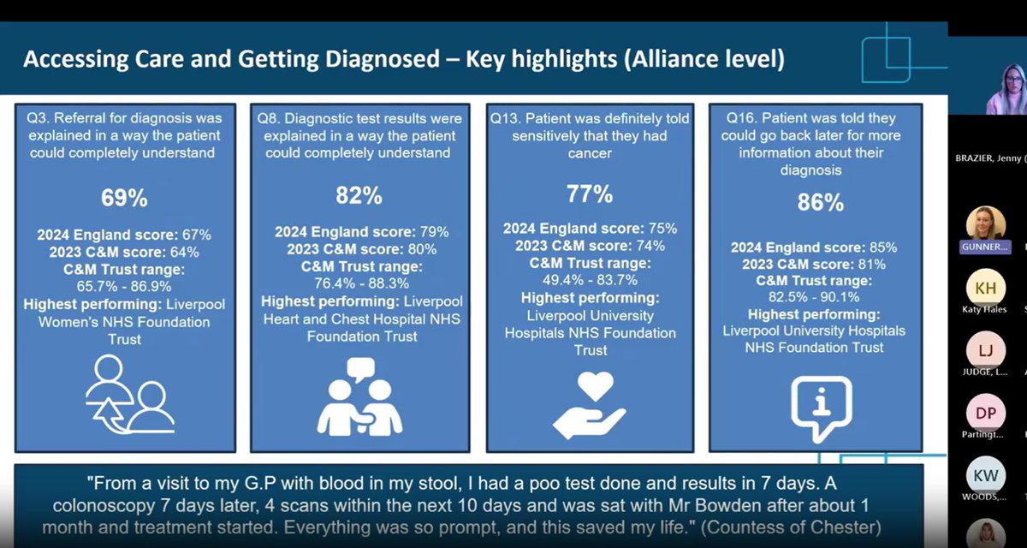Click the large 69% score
pyautogui.click(x=125, y=199)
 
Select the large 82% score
pyautogui.click(x=359, y=195)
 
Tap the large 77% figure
pyautogui.click(x=590, y=194)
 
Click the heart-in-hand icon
pyautogui.click(x=590, y=406)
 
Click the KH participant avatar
pyautogui.click(x=985, y=287)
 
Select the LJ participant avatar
pyautogui.click(x=985, y=349)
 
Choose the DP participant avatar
pyautogui.click(x=985, y=413)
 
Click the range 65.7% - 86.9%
pyautogui.click(x=125, y=287)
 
